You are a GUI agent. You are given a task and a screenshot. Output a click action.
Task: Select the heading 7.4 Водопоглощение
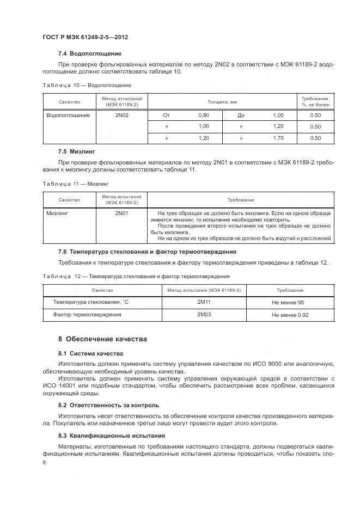coord(89,53)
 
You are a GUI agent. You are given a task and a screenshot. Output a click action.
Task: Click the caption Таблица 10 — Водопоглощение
coord(87,85)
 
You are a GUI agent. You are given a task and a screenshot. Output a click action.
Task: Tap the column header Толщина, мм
coord(222,102)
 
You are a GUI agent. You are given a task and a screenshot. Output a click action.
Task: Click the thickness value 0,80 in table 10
coord(204,115)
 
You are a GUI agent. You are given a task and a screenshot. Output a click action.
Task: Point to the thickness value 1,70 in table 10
coord(278,138)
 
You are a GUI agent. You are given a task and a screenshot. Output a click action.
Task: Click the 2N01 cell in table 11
coord(121,213)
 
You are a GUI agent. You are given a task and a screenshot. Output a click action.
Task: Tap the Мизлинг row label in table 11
coord(58,213)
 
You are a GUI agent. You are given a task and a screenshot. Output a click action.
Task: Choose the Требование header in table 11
coord(240,200)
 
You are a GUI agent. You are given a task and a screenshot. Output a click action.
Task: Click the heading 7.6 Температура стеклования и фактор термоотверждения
coord(147,252)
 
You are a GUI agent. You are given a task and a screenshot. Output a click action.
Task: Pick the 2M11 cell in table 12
coord(204,302)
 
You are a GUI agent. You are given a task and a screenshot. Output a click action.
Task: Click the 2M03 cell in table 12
coord(204,315)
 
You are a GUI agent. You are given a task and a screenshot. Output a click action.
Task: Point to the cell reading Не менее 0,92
coord(289,315)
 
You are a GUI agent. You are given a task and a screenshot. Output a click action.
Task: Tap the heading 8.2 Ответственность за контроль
coord(108,405)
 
